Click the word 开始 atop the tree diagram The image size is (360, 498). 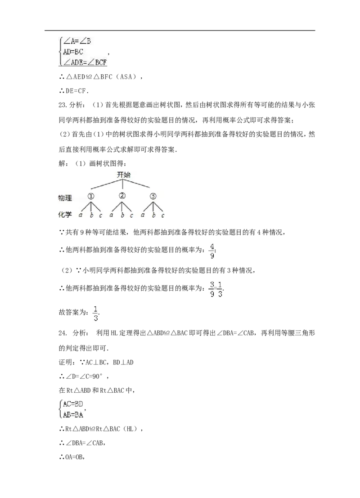124,175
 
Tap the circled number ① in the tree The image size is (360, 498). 91,196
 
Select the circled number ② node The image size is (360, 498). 122,196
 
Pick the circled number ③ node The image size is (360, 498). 153,196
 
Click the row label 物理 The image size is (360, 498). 65,198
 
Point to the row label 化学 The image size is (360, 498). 65,215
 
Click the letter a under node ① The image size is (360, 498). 81,215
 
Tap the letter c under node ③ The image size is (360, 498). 163,215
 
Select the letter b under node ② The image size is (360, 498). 122,215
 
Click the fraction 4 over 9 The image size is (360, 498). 212,251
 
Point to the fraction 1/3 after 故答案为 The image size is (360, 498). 96,314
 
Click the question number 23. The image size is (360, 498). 63,105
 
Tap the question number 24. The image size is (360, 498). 63,333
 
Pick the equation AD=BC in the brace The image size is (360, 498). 73,51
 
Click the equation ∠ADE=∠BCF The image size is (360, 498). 85,62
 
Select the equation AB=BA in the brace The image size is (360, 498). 73,414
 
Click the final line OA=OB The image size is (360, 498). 74,457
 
